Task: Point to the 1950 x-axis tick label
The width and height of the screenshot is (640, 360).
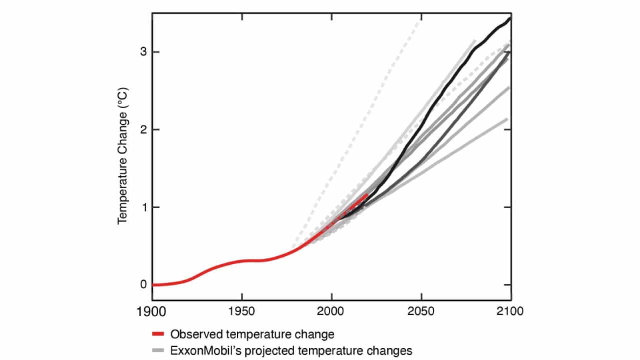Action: pyautogui.click(x=242, y=311)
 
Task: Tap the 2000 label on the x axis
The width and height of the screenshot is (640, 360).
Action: pyautogui.click(x=331, y=311)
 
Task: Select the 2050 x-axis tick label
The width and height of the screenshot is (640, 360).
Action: pyautogui.click(x=421, y=311)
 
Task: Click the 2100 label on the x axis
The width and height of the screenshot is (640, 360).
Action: pyautogui.click(x=510, y=311)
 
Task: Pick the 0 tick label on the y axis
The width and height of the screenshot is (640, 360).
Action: pyautogui.click(x=143, y=284)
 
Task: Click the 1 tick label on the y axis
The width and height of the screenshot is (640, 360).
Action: pyautogui.click(x=143, y=207)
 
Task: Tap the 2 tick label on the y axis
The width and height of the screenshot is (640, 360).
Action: pyautogui.click(x=143, y=129)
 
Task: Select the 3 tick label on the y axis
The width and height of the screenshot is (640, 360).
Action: pyautogui.click(x=143, y=52)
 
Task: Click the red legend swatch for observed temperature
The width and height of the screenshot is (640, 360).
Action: pyautogui.click(x=158, y=333)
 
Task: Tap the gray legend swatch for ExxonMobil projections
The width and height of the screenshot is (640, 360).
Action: pyautogui.click(x=158, y=350)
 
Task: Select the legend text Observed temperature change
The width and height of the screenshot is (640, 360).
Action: pyautogui.click(x=252, y=333)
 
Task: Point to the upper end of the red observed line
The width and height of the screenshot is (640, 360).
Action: pyautogui.click(x=367, y=194)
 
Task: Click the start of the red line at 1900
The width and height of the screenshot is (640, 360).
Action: pyautogui.click(x=153, y=284)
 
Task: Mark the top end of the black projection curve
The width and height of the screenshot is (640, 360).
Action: pyautogui.click(x=509, y=18)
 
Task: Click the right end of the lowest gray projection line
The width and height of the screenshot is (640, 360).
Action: pyautogui.click(x=507, y=119)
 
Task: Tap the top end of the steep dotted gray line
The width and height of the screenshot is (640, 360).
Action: pyautogui.click(x=419, y=19)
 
